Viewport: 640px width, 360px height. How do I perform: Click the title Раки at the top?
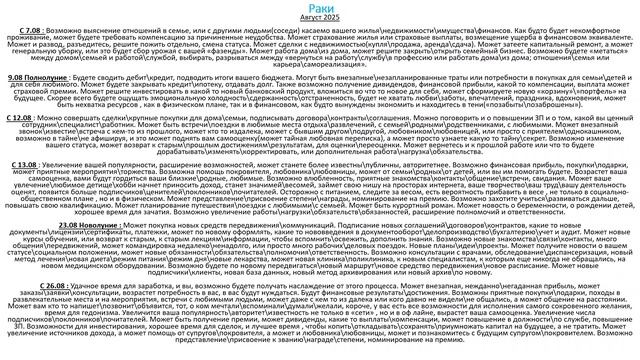[319, 7]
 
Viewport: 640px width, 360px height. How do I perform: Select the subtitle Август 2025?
[320, 19]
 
